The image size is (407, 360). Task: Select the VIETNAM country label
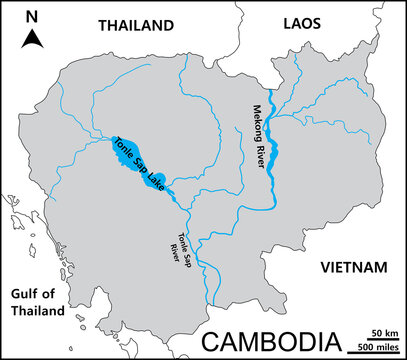tap(352, 268)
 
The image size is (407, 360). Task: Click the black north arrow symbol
tap(32, 39)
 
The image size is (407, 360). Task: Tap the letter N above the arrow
tap(32, 16)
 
